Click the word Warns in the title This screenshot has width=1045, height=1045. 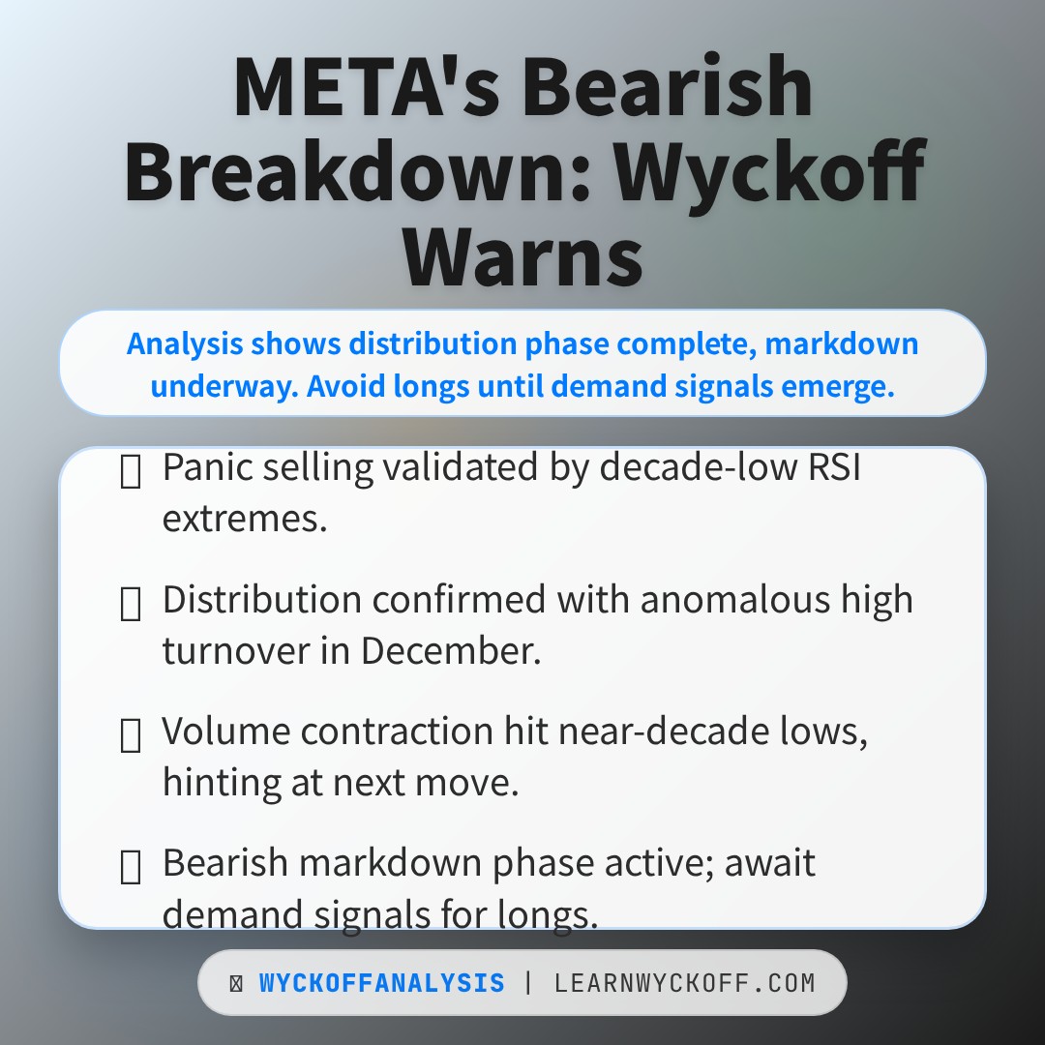pyautogui.click(x=522, y=254)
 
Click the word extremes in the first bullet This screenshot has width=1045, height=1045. pyautogui.click(x=244, y=519)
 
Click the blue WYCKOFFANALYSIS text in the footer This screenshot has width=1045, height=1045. pyautogui.click(x=381, y=984)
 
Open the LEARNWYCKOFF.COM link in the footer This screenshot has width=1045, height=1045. pyautogui.click(x=684, y=984)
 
